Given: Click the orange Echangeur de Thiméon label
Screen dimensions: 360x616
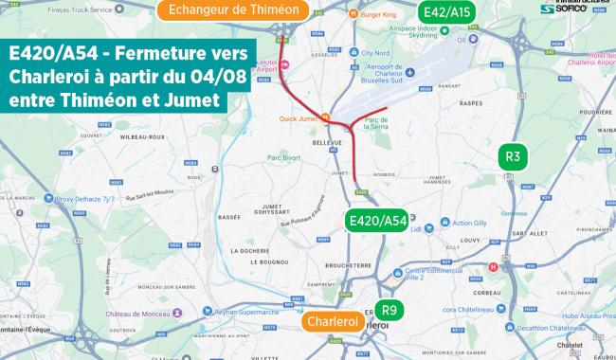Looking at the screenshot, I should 233,11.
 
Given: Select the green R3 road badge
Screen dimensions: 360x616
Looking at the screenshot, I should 513,157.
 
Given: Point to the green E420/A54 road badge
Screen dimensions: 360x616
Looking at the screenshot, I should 377,221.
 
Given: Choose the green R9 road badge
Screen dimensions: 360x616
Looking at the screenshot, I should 387,310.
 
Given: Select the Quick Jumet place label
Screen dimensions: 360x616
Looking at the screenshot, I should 299,118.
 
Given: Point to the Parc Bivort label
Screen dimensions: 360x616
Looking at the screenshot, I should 284,156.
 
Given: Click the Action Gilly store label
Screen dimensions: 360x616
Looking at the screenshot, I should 468,224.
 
